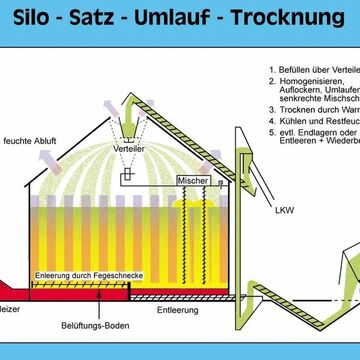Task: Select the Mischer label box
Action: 192,180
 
